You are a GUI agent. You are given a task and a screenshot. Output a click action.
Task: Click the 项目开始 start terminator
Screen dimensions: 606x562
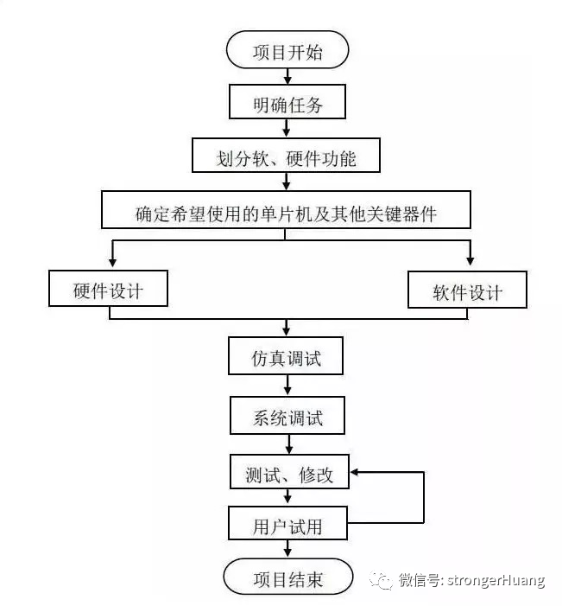tap(287, 52)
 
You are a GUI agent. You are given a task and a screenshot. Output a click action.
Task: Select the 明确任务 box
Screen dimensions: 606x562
tap(287, 104)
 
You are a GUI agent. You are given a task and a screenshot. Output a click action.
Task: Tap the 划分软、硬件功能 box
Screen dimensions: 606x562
tap(286, 158)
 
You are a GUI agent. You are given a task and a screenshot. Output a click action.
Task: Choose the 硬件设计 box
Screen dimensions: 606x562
tap(109, 290)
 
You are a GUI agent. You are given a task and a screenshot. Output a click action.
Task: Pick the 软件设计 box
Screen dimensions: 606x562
tap(467, 292)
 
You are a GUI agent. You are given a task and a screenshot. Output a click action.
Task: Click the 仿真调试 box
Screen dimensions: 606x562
tap(287, 357)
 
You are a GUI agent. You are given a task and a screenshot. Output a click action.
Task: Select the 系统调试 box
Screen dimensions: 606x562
tap(287, 418)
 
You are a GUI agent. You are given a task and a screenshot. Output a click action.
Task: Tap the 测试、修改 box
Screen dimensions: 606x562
tap(289, 473)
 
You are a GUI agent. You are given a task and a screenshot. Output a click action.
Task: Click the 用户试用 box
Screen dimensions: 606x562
tap(287, 524)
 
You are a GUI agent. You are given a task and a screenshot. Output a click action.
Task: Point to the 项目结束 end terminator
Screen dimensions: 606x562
tap(287, 577)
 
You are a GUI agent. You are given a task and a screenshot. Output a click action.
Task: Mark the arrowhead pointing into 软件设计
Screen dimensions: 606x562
tap(470, 258)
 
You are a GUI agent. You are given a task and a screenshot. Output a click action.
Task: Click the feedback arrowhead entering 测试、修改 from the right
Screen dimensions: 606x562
tap(356, 473)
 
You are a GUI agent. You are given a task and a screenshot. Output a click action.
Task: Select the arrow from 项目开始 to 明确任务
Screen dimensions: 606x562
tap(287, 77)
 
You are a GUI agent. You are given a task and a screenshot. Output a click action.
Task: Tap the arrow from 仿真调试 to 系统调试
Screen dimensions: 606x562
tap(287, 388)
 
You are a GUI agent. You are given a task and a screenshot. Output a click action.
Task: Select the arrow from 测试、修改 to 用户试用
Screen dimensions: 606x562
tap(287, 499)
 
